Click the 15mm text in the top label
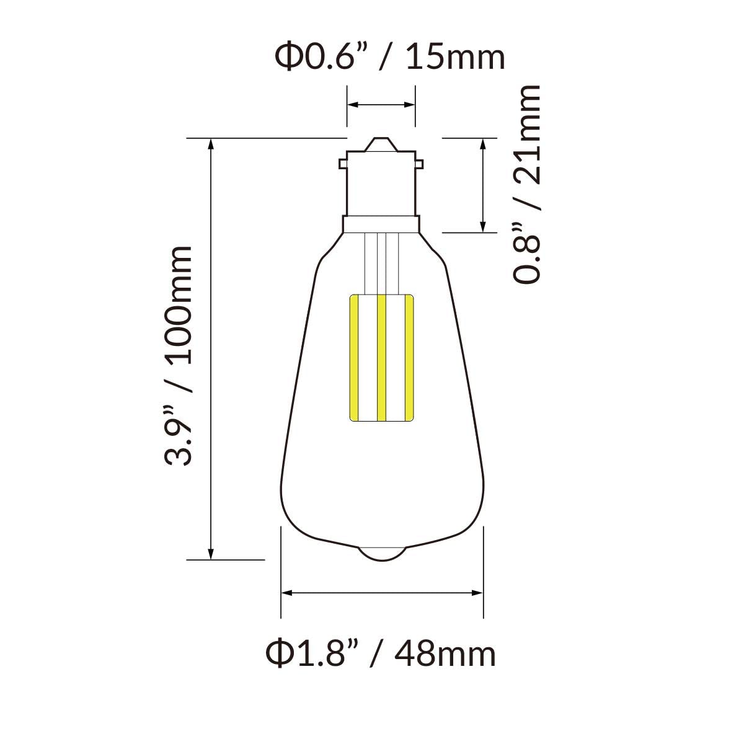(x=456, y=58)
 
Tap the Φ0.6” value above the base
(x=314, y=58)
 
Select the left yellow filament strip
(x=353, y=358)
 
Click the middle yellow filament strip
(x=381, y=358)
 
